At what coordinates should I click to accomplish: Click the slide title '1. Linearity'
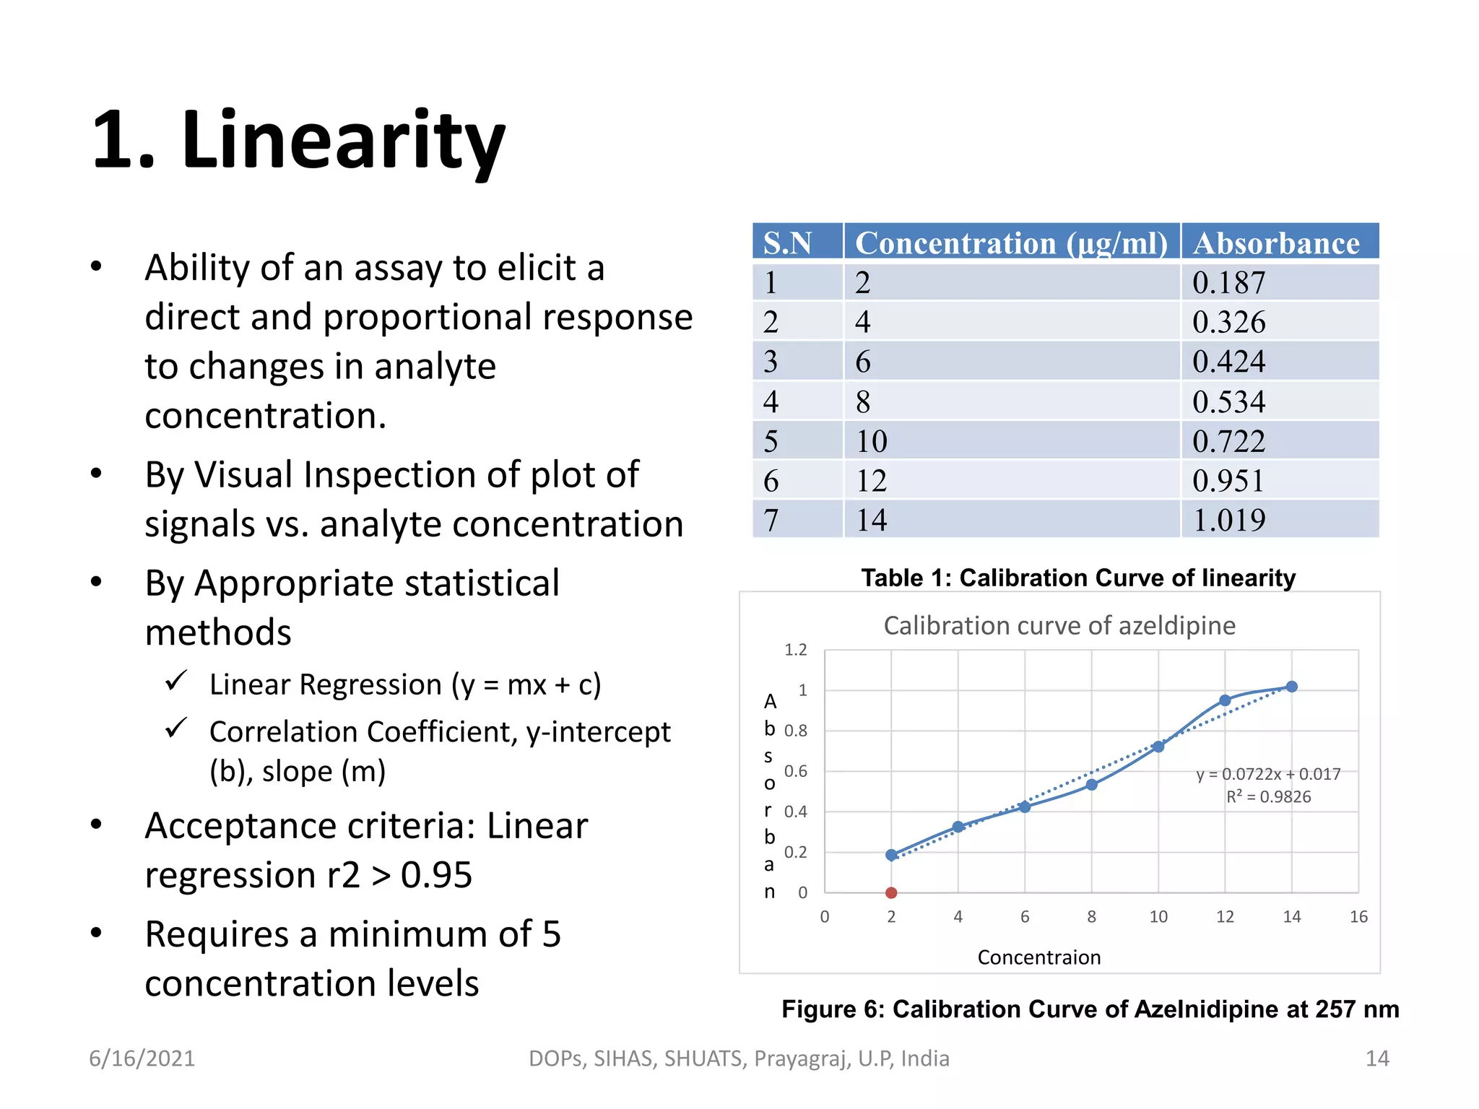coord(298,140)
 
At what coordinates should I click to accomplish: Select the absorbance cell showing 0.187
coord(1228,282)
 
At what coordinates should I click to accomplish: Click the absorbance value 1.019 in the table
coord(1228,520)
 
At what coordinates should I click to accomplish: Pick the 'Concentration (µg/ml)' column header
coord(1011,243)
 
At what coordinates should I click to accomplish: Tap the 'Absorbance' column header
coord(1276,243)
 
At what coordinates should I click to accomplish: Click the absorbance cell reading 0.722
coord(1228,441)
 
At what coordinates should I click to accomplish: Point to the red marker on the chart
coord(891,893)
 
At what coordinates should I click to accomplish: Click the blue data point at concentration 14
coord(1292,687)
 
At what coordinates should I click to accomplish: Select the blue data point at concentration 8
coord(1092,785)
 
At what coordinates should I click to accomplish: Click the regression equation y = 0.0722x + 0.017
coord(1268,774)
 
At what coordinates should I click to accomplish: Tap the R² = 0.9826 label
coord(1268,796)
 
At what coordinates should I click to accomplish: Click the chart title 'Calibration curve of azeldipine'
coord(1059,625)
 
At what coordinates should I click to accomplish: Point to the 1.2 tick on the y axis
coord(796,650)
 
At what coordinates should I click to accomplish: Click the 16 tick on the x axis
coord(1358,917)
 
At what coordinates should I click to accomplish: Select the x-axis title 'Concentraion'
coord(1039,957)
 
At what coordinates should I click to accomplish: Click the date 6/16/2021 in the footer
coord(142,1058)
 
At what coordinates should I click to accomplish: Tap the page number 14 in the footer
coord(1377,1058)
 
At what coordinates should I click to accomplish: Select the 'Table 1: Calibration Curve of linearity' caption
coord(1078,578)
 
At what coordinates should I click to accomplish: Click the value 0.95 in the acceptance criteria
coord(436,875)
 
